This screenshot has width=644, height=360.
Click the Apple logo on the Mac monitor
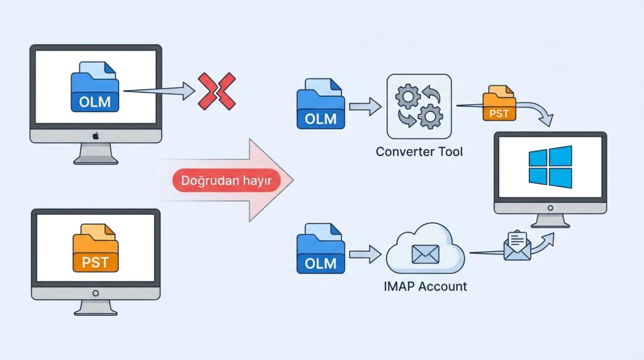point(96,135)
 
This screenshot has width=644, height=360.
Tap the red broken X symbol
point(216,91)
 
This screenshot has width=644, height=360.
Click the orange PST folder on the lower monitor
point(95,250)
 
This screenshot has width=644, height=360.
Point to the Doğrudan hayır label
point(226,181)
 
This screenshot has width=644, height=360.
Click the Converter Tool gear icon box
point(419,106)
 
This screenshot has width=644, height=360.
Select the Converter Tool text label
point(419,152)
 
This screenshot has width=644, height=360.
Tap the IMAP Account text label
point(425,286)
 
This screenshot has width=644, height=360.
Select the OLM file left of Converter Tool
point(321,104)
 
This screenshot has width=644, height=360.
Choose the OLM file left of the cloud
point(321,249)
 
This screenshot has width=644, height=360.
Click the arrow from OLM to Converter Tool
point(365,106)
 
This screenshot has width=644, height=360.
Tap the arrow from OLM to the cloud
point(365,254)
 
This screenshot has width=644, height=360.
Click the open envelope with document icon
point(517,245)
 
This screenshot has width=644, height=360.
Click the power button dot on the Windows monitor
point(550,207)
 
